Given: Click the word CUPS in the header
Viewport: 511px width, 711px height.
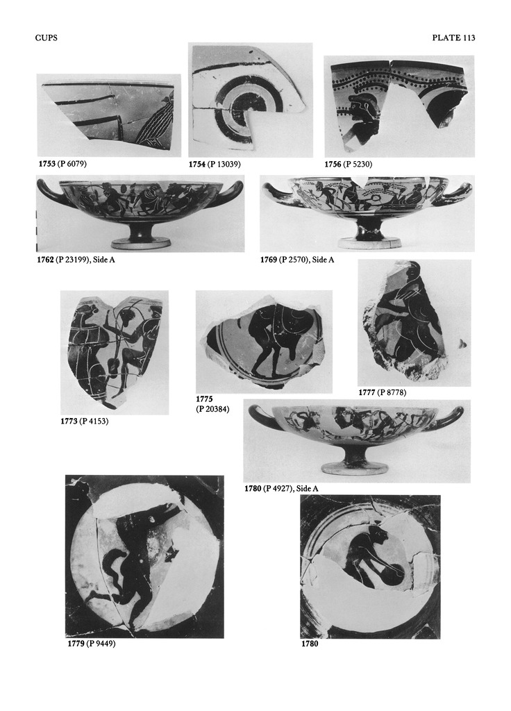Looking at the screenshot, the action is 47,38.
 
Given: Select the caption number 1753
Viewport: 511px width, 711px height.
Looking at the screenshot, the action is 47,164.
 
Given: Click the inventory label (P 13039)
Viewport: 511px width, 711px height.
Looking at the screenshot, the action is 224,164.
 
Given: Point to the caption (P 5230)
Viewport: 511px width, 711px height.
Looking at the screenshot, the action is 358,164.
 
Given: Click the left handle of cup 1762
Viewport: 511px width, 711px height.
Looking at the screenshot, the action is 49,194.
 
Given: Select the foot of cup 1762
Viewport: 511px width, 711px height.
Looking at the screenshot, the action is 140,241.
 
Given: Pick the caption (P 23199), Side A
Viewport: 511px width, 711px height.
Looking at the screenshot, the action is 85,260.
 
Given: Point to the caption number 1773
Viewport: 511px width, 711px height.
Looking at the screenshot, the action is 69,421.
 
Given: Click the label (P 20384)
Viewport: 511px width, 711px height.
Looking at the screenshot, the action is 212,409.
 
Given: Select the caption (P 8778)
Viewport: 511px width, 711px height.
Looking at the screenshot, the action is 392,393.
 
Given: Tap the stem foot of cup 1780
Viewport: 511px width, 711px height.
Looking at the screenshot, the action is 355,467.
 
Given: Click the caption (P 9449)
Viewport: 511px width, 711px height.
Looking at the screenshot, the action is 101,644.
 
